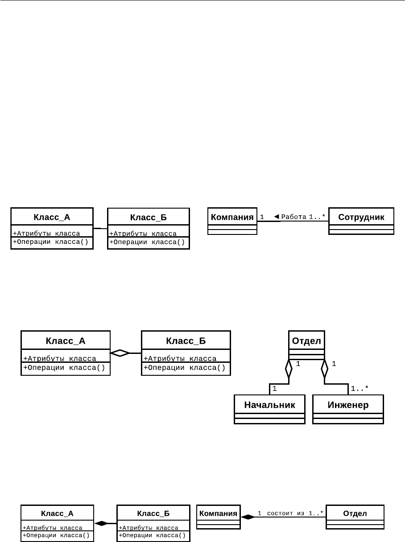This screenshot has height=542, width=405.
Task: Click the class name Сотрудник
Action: coord(361,217)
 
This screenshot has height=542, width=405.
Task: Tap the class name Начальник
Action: coord(269,405)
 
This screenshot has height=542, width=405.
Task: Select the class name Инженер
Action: coord(348,405)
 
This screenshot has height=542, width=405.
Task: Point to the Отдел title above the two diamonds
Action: coord(306,341)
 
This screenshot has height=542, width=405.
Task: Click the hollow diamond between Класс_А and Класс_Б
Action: coord(120,353)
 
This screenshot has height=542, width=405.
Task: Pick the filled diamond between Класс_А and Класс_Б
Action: coord(101,523)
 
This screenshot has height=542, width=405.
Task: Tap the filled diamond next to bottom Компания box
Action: coord(248,517)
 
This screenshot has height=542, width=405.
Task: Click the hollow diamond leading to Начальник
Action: coord(289,369)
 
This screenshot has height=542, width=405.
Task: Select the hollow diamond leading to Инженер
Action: coord(324,369)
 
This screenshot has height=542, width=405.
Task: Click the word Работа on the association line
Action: coord(294,217)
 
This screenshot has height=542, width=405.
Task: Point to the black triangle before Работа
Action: coord(277,217)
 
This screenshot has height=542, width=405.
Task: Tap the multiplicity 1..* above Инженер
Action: coord(360,388)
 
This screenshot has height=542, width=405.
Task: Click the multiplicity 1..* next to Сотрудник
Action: coord(317,217)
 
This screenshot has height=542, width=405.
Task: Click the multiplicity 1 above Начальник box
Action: coord(274,389)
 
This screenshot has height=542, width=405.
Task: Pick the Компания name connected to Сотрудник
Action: coord(232,217)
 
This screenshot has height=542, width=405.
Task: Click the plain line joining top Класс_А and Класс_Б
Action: coord(100,228)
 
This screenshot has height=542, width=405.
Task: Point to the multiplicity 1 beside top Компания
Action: coord(262,217)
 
